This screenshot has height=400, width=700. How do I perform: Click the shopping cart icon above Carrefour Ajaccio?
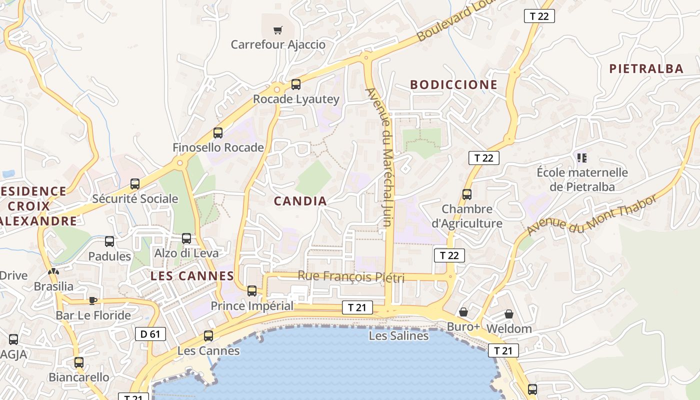coord(277,30)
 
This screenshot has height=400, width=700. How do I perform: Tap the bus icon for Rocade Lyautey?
coord(296,84)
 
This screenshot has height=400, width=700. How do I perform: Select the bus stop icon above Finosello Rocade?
coord(218,133)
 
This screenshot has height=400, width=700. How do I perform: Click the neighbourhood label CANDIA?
coord(300,201)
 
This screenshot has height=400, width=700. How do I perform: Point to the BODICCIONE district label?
coord(454,84)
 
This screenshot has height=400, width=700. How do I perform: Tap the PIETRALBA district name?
coord(646,69)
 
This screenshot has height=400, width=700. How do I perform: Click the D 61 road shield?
coord(150,333)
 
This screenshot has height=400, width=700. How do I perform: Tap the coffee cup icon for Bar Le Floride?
coord(92,300)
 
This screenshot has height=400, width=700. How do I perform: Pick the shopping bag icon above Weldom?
coord(508,314)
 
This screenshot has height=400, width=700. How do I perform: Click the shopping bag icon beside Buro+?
coord(463,312)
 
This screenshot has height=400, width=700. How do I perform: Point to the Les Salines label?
coord(398,335)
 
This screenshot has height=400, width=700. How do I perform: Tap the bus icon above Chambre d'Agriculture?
coord(467,194)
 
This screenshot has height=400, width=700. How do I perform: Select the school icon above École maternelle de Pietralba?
coord(581,158)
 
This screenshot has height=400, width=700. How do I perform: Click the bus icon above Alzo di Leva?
coord(186,238)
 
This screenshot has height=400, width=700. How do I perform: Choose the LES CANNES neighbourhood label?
coord(192,275)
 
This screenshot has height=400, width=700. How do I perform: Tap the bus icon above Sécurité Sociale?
coord(135,184)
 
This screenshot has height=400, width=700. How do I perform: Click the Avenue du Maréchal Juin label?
coord(385,157)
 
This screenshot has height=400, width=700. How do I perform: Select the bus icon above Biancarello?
coord(79,362)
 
